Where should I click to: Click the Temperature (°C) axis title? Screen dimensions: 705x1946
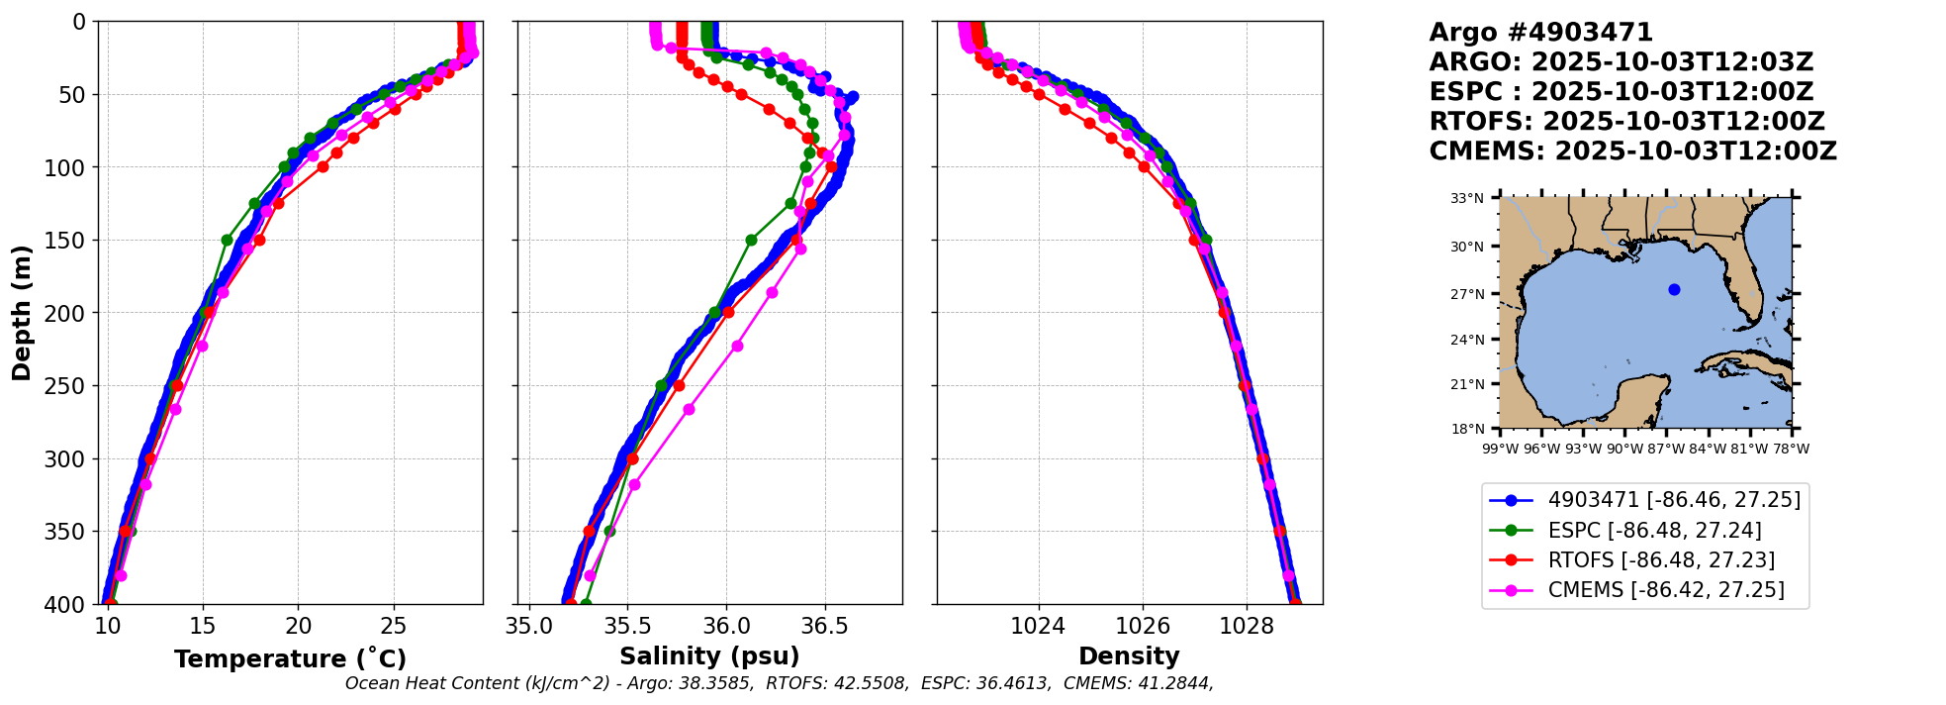(290, 659)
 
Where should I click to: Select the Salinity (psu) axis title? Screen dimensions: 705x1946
(709, 656)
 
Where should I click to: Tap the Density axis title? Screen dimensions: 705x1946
(1129, 656)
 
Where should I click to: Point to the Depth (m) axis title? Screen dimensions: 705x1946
(22, 313)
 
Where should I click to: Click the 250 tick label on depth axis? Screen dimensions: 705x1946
(68, 386)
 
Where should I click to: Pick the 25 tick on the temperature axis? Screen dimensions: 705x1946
(394, 626)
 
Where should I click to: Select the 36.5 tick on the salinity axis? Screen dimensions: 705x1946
(824, 626)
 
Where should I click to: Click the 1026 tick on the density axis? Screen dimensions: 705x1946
(1143, 626)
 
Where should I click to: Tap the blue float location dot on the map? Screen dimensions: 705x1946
(1674, 289)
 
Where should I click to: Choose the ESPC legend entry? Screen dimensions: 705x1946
(1654, 531)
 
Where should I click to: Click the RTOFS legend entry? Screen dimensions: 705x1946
(1661, 560)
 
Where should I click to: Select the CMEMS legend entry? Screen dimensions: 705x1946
(1666, 590)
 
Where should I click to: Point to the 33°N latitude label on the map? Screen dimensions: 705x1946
(1467, 198)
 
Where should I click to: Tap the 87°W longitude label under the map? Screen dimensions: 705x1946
(1666, 449)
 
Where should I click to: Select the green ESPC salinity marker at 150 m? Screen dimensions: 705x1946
(751, 240)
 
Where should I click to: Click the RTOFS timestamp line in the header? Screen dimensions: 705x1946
(1626, 122)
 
